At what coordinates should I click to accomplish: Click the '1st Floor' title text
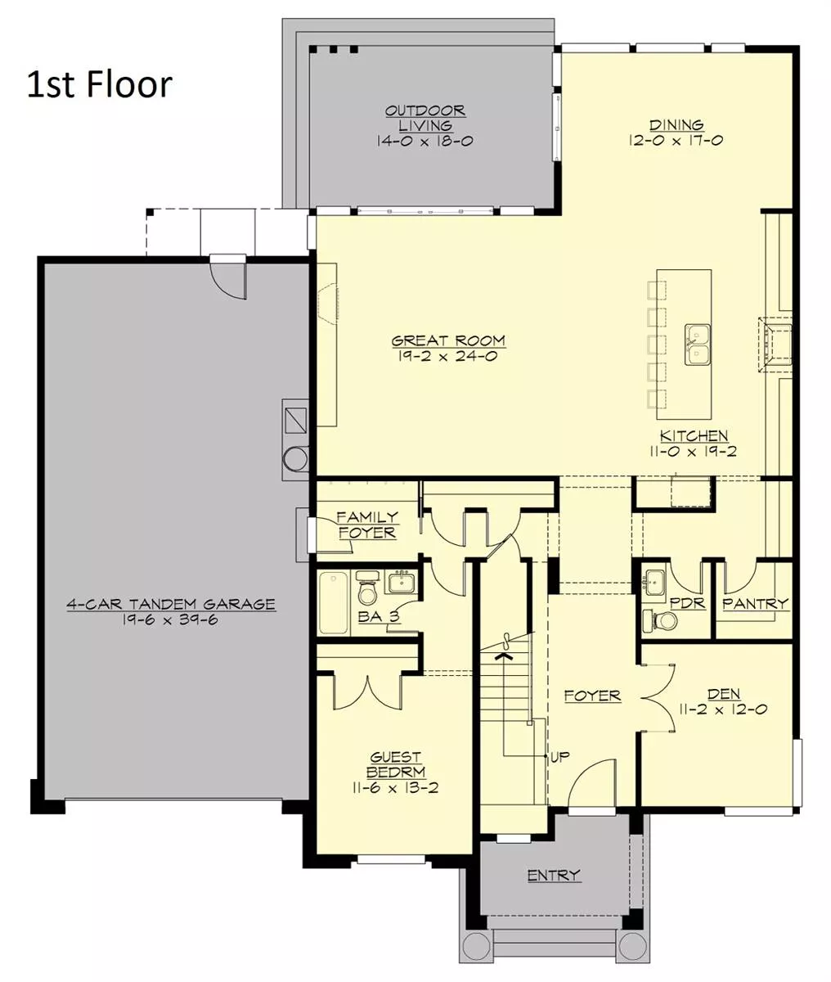[100, 84]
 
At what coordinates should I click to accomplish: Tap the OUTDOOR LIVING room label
[425, 118]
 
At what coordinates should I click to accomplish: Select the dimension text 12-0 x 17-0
[676, 141]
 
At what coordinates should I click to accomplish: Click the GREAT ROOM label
[448, 340]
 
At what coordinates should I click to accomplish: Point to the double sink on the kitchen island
[697, 345]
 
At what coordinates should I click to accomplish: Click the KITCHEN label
[694, 435]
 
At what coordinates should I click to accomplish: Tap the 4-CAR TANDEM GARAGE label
[171, 604]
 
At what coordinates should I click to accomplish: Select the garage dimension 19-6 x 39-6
[170, 620]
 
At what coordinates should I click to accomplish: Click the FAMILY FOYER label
[366, 525]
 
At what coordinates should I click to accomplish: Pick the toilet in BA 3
[366, 588]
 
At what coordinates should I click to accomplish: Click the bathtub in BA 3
[334, 602]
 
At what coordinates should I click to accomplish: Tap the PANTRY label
[755, 604]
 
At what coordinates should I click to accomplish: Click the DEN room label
[724, 694]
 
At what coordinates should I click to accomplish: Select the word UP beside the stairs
[559, 757]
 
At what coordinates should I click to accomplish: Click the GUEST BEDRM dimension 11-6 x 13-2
[395, 788]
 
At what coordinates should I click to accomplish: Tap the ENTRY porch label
[555, 875]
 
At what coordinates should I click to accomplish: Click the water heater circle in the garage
[295, 459]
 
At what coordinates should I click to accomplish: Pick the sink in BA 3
[402, 582]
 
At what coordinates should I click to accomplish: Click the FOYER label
[593, 696]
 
